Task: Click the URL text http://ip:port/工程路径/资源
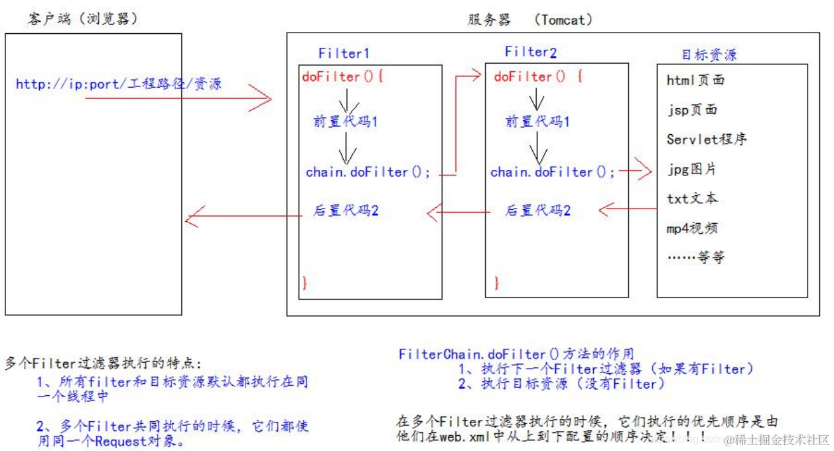point(118,84)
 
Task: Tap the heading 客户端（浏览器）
point(84,19)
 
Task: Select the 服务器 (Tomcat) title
point(529,20)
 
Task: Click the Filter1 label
point(343,53)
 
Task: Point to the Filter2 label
point(530,52)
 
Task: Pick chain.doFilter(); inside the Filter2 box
point(553,172)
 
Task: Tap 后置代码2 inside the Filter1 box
point(346,211)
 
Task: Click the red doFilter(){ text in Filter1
point(342,76)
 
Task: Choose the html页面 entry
point(695,80)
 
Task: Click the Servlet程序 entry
point(707,139)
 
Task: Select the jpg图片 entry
point(691,169)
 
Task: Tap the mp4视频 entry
point(692,228)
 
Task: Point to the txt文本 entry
point(692,199)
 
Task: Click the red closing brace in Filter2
point(496,283)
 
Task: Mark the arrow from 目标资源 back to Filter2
point(627,210)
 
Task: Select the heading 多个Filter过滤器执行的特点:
point(103,363)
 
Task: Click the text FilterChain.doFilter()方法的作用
point(516,354)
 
